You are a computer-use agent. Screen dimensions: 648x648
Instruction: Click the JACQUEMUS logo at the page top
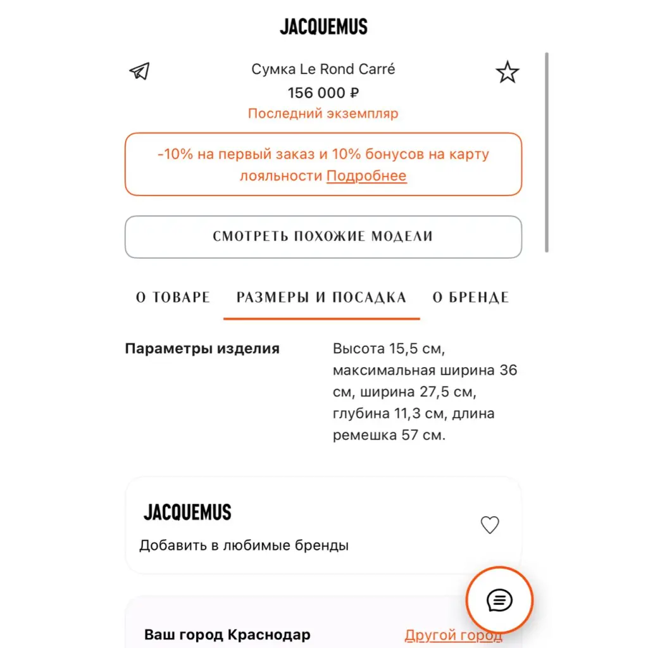(x=323, y=27)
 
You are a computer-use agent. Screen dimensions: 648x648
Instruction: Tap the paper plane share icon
(x=139, y=71)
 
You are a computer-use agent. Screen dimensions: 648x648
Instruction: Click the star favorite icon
(x=507, y=73)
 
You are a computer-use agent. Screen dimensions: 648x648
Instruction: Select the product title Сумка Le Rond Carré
(x=323, y=69)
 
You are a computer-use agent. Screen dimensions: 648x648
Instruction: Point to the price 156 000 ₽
(x=323, y=92)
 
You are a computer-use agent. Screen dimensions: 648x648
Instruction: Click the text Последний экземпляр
(x=323, y=114)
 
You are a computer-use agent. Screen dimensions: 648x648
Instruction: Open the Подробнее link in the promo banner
(x=366, y=176)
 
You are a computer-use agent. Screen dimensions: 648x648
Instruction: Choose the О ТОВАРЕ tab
(x=173, y=297)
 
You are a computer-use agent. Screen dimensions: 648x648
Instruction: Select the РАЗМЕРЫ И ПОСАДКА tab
(x=321, y=297)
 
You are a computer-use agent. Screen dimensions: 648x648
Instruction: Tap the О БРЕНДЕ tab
(x=471, y=297)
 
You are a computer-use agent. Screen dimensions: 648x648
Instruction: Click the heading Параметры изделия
(x=202, y=349)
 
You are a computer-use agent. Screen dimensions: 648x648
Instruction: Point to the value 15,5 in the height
(x=408, y=349)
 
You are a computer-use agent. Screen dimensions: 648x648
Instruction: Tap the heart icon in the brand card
(x=490, y=525)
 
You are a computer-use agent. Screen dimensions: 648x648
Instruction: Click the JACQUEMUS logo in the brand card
(x=187, y=512)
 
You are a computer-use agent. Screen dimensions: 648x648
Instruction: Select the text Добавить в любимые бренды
(x=244, y=545)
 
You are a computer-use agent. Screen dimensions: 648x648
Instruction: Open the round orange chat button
(x=499, y=600)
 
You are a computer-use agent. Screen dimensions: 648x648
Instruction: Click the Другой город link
(x=453, y=635)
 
